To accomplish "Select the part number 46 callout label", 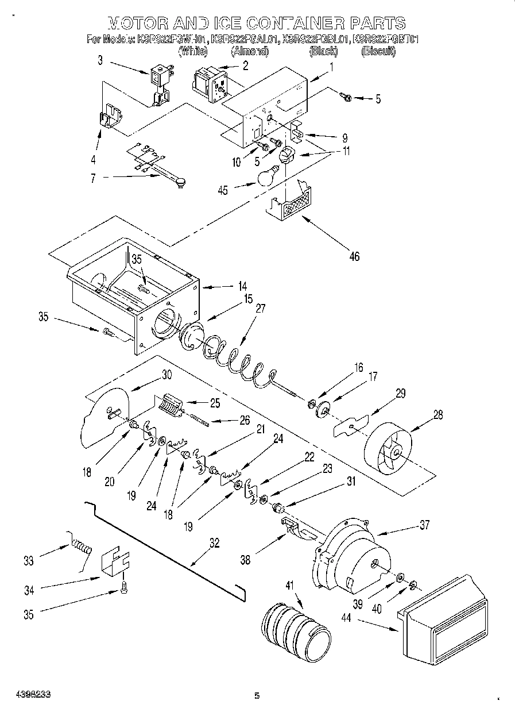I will point(354,256).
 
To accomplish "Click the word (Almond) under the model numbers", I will point(250,52).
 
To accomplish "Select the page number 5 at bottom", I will point(257,696).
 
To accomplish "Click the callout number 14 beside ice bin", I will point(242,285).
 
